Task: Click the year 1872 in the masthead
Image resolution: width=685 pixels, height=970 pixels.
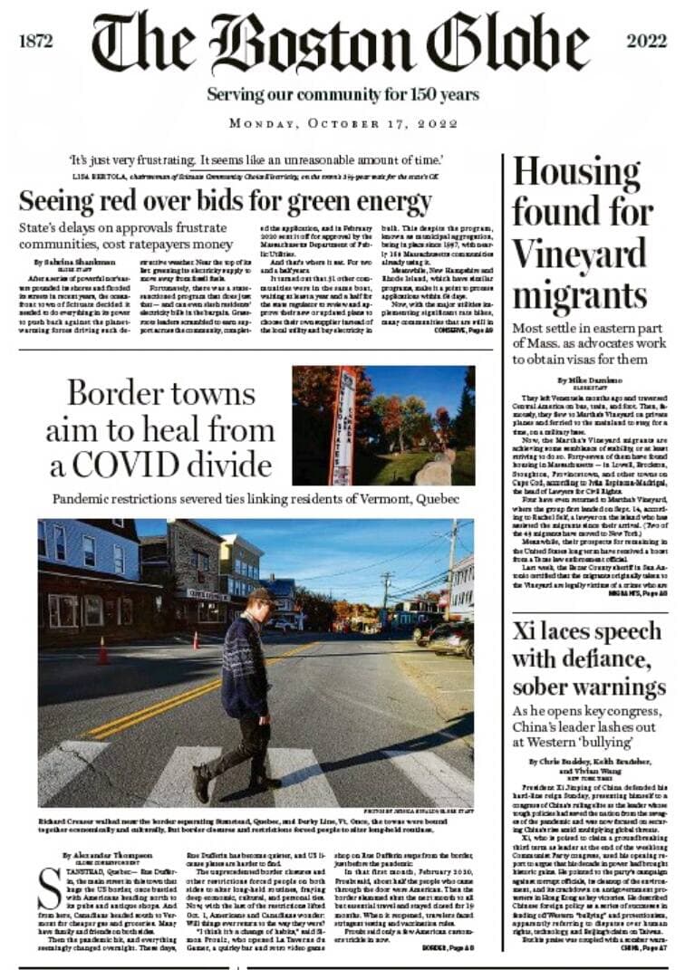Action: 35,42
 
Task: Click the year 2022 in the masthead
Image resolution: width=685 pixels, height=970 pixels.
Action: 647,42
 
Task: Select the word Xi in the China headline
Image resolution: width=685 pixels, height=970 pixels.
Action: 526,631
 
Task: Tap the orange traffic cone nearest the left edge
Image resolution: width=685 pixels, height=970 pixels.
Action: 102,650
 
